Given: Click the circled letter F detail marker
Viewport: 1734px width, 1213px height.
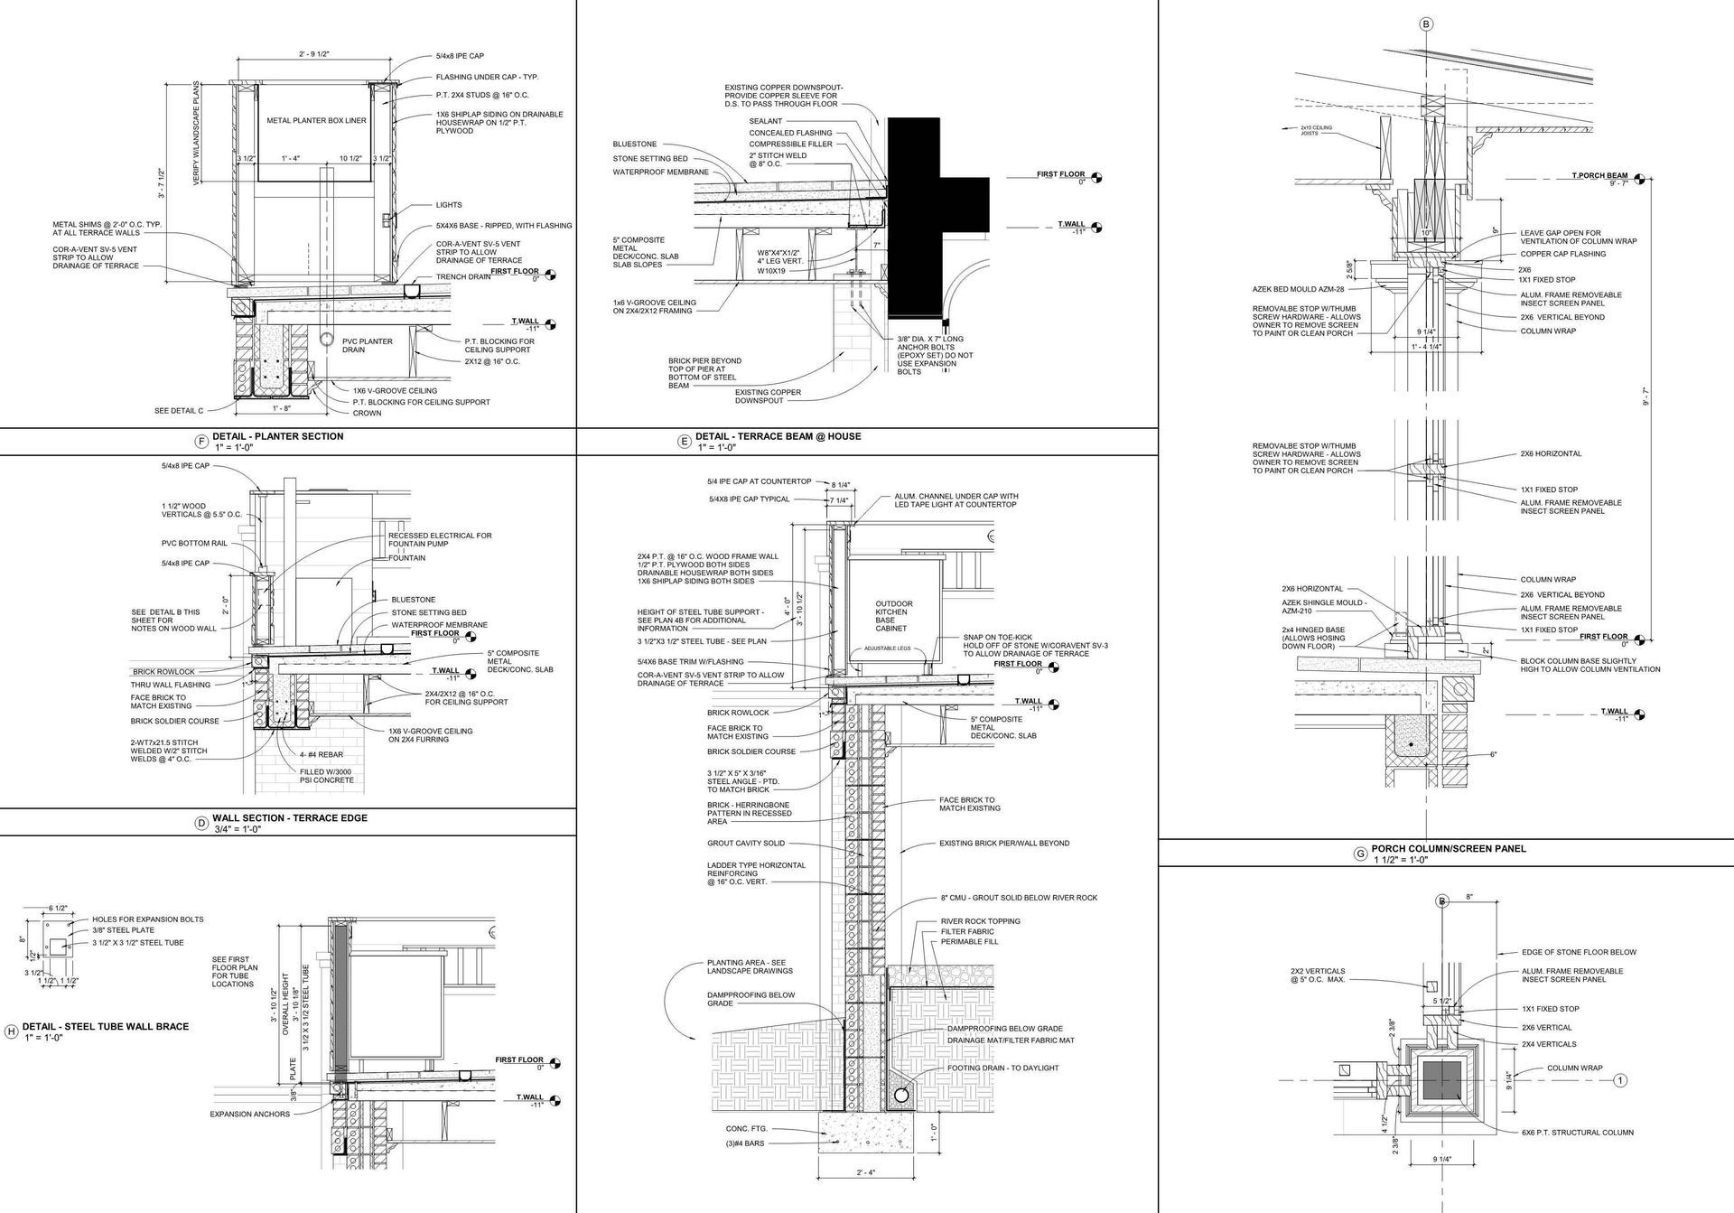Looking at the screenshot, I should (200, 442).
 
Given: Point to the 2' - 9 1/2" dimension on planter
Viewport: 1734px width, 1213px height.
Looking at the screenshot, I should (314, 55).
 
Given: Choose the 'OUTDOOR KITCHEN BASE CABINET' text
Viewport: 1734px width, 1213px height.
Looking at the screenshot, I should (893, 616).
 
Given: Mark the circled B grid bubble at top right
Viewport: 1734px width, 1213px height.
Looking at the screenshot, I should (1426, 25).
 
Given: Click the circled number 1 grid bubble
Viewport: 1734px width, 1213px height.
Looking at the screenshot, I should (1620, 1080).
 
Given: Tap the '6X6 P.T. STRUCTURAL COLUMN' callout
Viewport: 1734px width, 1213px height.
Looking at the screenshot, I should (1578, 1132).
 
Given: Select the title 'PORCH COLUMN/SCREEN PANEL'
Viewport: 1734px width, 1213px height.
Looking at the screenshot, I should (1448, 848).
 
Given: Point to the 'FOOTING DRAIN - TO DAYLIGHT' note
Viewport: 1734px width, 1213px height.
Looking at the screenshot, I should (1002, 1068).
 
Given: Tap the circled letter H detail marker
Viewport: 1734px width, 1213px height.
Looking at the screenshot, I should (12, 1031).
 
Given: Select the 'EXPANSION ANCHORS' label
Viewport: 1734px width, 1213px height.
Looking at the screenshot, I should (250, 1114).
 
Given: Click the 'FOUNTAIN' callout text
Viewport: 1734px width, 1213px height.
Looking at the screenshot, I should (406, 557).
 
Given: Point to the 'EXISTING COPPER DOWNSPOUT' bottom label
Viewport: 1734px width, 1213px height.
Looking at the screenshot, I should (768, 397).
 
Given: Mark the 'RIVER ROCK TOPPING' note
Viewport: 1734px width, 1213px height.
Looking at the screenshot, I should (980, 921).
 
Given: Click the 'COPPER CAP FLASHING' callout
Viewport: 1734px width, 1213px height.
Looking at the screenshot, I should (1562, 254).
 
